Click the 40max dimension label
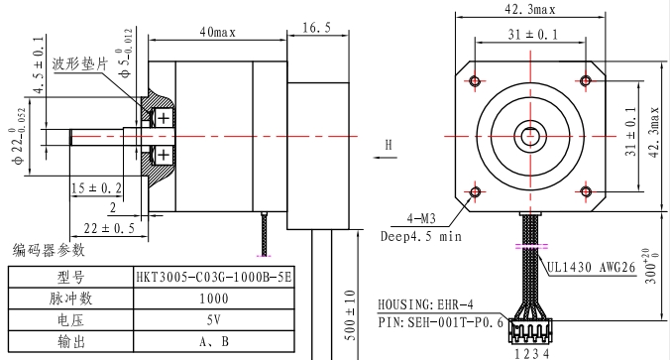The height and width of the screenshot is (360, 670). point(217,32)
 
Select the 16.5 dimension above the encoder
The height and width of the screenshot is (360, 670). point(316,28)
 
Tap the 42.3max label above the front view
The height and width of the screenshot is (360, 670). point(530,9)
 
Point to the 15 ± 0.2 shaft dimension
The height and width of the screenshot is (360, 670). point(96,188)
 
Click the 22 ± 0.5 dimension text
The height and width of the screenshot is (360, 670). point(109,228)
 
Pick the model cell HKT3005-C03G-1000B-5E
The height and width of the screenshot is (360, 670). point(214,278)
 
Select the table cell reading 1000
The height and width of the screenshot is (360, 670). point(214,299)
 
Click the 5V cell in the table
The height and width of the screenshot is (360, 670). point(214,319)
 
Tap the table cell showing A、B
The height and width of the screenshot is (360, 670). point(214,341)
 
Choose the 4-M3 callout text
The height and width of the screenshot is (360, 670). point(421,219)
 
